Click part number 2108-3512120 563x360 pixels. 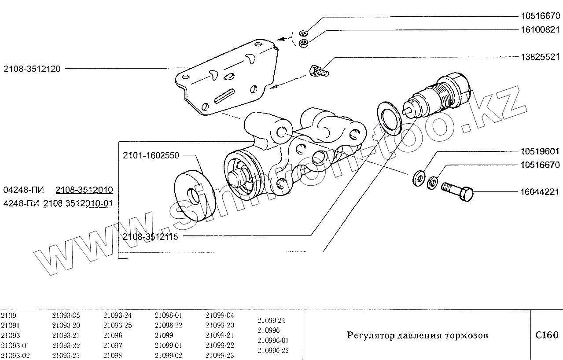coord(32,69)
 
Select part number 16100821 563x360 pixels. coord(539,30)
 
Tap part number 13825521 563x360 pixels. coord(539,57)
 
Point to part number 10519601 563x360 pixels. coord(539,152)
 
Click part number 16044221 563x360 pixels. coord(539,192)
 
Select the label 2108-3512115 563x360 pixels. coord(150,237)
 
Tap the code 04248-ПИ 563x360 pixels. coord(23,190)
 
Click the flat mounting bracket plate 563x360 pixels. coord(224,79)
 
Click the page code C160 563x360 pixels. coord(546,335)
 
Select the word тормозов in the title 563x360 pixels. coord(468,336)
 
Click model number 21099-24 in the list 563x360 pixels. coord(271,320)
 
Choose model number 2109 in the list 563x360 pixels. coord(8,316)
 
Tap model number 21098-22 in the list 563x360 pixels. coord(169,325)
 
